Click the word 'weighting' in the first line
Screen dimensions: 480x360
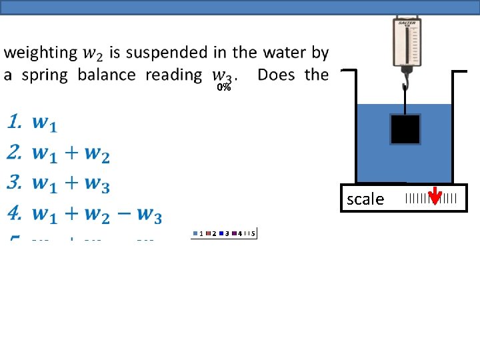41,53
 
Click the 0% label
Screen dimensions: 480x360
223,87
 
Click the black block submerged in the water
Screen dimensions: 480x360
405,129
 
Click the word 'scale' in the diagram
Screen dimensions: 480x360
365,199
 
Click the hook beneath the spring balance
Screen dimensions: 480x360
405,85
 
